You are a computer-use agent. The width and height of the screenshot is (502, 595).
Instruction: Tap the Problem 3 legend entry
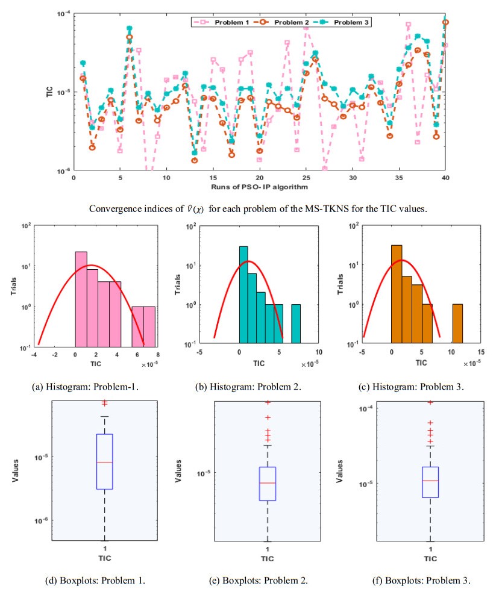pos(347,22)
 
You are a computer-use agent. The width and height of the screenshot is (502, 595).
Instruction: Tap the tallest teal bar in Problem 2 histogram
pos(243,295)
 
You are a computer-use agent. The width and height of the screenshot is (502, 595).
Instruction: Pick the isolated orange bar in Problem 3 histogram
pos(457,323)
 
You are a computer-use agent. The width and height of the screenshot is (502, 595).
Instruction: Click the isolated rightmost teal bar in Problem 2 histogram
pos(295,323)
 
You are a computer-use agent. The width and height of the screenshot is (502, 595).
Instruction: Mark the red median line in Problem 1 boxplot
pos(104,462)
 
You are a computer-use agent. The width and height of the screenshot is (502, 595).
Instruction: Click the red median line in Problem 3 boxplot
pos(430,481)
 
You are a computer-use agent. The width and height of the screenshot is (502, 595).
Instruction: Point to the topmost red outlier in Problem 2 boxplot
pos(268,402)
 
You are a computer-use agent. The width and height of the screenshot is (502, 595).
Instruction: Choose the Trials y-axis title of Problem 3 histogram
pos(351,284)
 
